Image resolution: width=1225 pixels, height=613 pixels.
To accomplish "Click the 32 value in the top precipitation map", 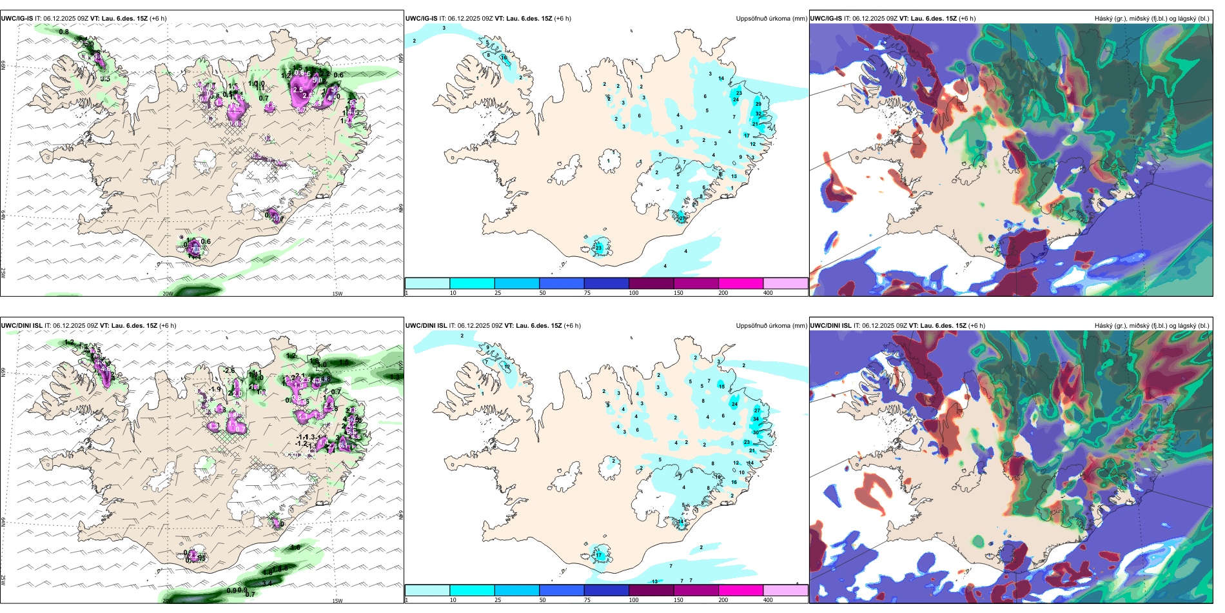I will click(758, 114).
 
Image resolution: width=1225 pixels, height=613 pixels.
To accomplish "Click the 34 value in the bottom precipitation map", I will click(756, 419).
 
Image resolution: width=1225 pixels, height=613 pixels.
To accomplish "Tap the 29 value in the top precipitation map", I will click(758, 104).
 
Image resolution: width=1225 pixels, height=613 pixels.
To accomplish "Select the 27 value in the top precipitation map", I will click(681, 219).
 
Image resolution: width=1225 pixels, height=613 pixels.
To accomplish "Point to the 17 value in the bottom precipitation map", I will click(598, 555).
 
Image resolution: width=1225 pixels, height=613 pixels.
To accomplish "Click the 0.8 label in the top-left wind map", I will click(64, 32).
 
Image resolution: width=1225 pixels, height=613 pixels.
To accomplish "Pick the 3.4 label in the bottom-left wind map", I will click(267, 583).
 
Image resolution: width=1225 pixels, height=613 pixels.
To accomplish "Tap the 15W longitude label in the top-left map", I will click(337, 294).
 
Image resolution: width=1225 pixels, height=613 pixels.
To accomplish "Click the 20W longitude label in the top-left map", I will click(168, 294).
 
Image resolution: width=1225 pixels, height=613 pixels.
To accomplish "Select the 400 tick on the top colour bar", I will click(768, 293).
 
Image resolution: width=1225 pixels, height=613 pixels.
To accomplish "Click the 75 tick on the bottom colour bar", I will click(587, 600).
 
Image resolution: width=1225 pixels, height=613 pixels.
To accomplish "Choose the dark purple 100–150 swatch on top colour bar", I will click(651, 283).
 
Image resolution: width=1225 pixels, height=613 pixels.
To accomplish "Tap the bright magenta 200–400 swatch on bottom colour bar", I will click(741, 590).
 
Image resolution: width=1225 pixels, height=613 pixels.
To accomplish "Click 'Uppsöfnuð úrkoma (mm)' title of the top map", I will click(771, 19).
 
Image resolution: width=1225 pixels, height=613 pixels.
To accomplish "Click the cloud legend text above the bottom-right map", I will click(1151, 326).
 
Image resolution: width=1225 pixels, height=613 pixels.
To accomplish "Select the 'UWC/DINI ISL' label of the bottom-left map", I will click(21, 326).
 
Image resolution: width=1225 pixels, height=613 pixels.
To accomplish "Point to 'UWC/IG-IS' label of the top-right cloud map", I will click(826, 19).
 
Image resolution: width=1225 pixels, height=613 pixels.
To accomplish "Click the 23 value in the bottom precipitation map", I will click(747, 442).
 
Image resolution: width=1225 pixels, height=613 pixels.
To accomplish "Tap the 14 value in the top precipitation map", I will click(721, 79).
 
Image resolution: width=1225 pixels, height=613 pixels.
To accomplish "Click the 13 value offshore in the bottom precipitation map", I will click(654, 582).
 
